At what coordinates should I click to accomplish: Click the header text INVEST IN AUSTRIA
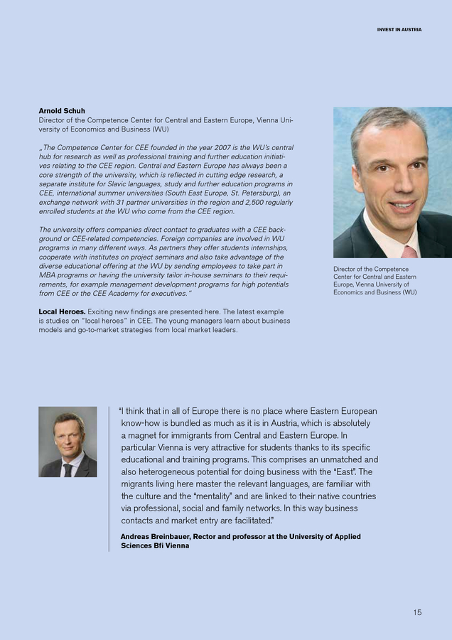pos(399,30)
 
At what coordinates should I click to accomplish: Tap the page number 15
pos(416,612)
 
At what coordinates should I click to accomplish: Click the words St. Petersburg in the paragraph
pos(253,193)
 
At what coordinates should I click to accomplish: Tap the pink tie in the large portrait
pos(409,251)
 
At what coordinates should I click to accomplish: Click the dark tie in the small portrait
pos(67,469)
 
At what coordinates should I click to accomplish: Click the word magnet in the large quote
pos(140,435)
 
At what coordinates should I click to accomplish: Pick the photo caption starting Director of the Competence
pos(375,281)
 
